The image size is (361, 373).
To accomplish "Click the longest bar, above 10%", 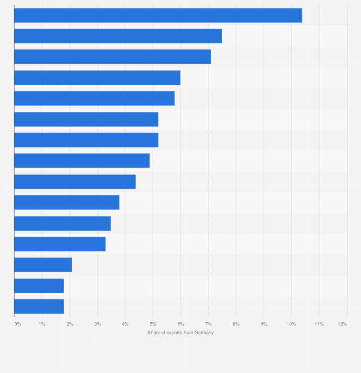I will pyautogui.click(x=158, y=15).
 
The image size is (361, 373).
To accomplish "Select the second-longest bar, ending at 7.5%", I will pyautogui.click(x=118, y=36).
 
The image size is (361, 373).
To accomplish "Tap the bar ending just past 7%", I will pyautogui.click(x=113, y=57).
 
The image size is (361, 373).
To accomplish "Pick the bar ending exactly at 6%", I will pyautogui.click(x=97, y=78).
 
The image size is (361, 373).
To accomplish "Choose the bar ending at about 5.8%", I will pyautogui.click(x=94, y=98).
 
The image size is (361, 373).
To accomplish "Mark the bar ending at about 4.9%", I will pyautogui.click(x=82, y=161).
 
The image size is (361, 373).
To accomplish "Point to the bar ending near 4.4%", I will pyautogui.click(x=75, y=181).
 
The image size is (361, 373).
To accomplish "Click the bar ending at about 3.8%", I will pyautogui.click(x=67, y=203).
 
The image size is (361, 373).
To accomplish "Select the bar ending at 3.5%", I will pyautogui.click(x=62, y=223).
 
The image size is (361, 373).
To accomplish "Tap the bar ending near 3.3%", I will pyautogui.click(x=60, y=244).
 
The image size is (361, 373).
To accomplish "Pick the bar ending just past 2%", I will pyautogui.click(x=43, y=265).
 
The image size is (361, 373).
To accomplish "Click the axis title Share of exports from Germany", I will pyautogui.click(x=180, y=333).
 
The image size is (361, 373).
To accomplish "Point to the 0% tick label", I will pyautogui.click(x=18, y=324).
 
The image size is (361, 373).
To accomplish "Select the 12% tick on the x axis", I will pyautogui.click(x=342, y=324).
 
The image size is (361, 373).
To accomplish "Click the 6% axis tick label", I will pyautogui.click(x=180, y=324).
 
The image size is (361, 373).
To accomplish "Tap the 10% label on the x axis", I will pyautogui.click(x=291, y=324).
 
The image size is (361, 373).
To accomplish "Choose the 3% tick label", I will pyautogui.click(x=97, y=324).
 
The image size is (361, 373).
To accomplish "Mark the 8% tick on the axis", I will pyautogui.click(x=236, y=324).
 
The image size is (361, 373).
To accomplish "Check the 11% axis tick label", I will pyautogui.click(x=319, y=324).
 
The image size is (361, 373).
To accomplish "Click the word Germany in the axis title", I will pyautogui.click(x=203, y=333).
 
